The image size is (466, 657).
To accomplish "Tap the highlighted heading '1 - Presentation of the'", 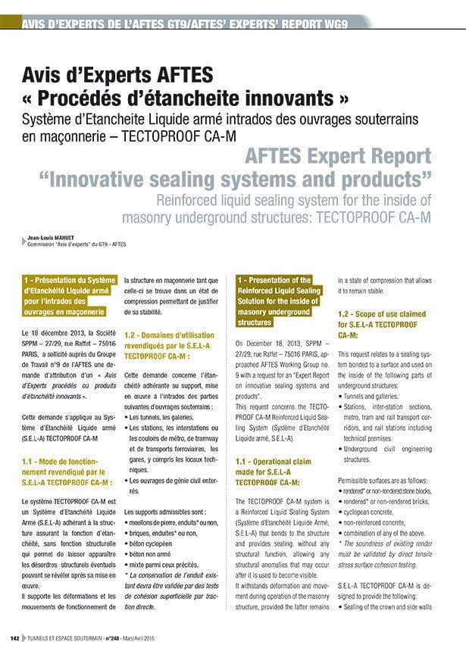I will tap(274, 281).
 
